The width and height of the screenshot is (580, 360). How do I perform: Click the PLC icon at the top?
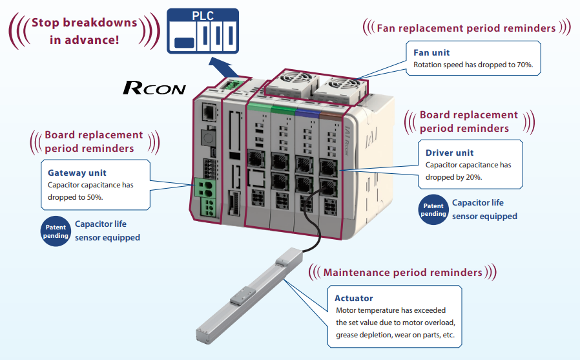click(203, 30)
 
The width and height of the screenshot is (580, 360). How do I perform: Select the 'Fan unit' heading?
click(431, 52)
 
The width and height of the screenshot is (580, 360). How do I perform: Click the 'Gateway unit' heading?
click(77, 173)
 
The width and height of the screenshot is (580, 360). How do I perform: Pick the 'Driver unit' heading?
click(450, 153)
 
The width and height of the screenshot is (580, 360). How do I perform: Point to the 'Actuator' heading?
click(353, 298)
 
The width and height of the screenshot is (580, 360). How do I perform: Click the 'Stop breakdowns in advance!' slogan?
click(84, 30)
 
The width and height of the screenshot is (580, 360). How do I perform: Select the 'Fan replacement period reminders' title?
click(466, 28)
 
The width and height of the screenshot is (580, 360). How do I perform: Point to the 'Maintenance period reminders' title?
click(402, 272)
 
